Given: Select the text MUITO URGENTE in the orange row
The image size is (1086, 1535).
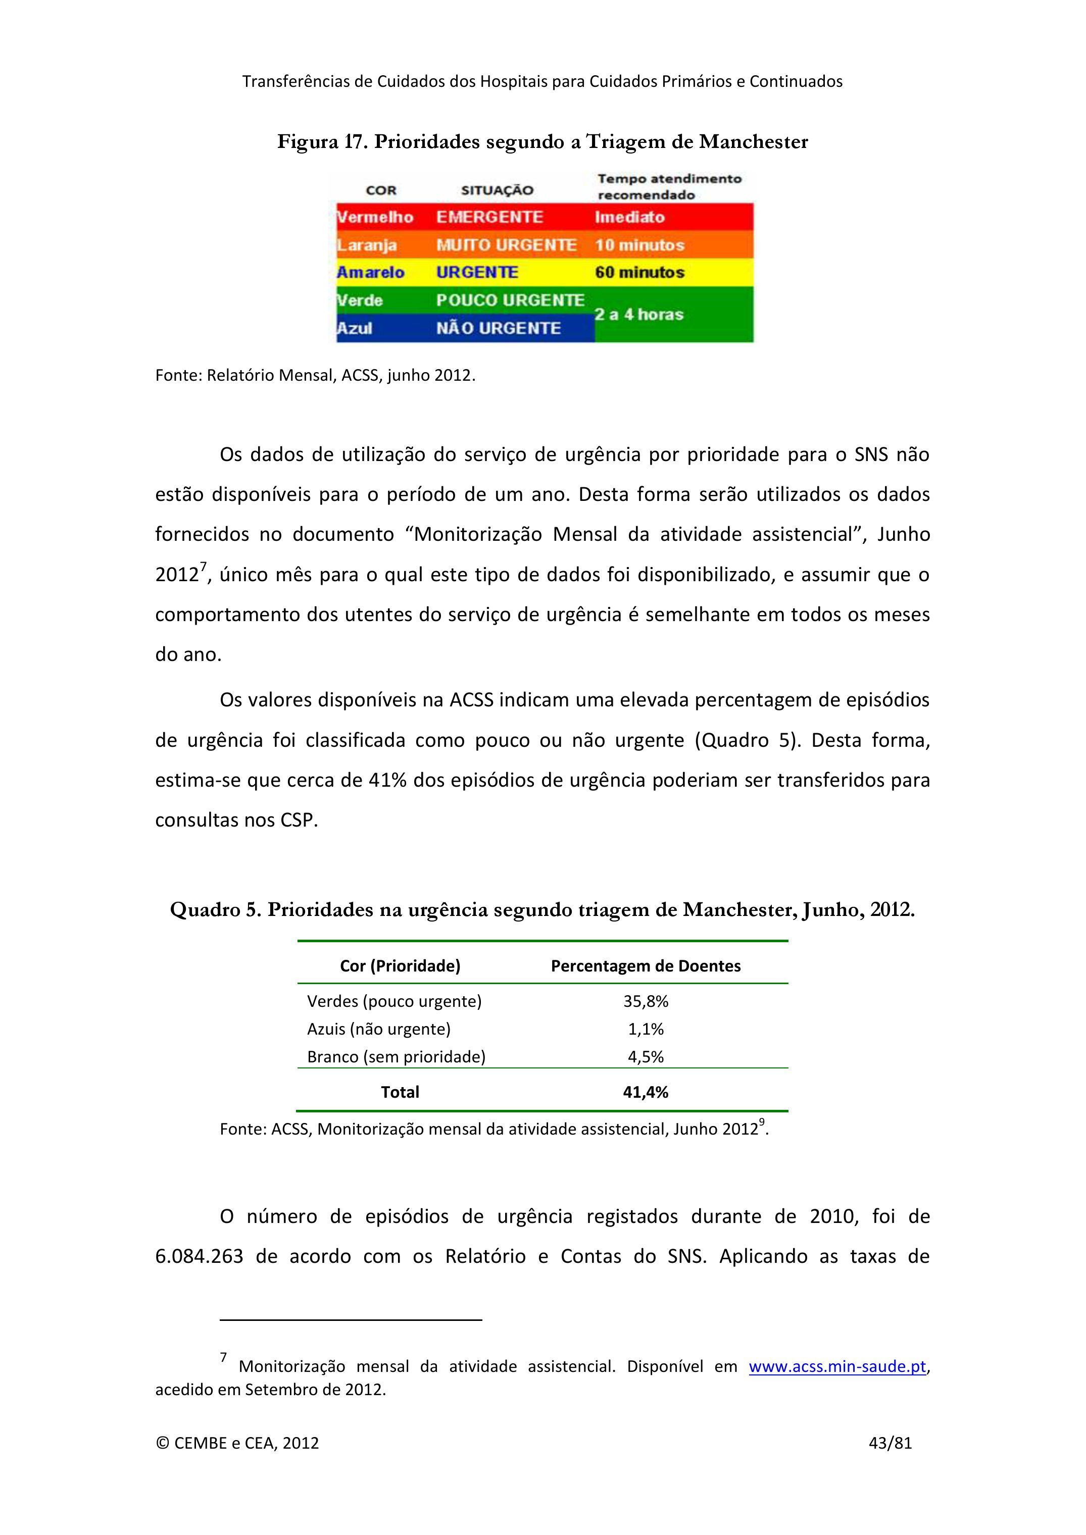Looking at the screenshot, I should pyautogui.click(x=506, y=245).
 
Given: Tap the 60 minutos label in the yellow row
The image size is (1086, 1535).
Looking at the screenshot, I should pyautogui.click(x=639, y=273).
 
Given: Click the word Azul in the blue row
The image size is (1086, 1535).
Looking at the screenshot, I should pyautogui.click(x=355, y=328).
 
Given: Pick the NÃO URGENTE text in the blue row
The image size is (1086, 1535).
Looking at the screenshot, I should pyautogui.click(x=498, y=328).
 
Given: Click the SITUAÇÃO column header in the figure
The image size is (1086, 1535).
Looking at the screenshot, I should pyautogui.click(x=497, y=190).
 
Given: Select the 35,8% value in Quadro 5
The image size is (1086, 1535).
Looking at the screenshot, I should pyautogui.click(x=646, y=1001).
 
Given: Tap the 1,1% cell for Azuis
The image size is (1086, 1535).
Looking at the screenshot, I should pyautogui.click(x=646, y=1029).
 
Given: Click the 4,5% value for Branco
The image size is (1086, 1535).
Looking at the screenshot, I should pyautogui.click(x=646, y=1057).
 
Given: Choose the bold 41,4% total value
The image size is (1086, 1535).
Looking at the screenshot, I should pyautogui.click(x=646, y=1092).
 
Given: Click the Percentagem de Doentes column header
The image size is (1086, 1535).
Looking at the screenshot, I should pyautogui.click(x=646, y=966).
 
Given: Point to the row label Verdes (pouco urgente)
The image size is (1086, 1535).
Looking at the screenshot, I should pyautogui.click(x=394, y=1001).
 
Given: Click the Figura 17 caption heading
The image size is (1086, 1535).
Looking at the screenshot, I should pyautogui.click(x=542, y=142).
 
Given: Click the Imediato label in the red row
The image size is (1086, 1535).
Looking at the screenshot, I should pyautogui.click(x=629, y=217).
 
